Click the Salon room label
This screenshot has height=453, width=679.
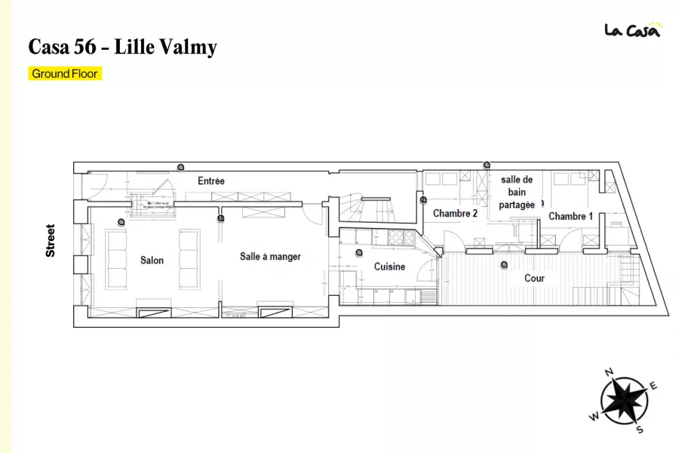[152, 260]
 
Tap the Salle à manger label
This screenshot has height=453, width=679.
[270, 257]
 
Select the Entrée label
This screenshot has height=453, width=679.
[211, 181]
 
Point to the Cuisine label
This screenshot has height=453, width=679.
[389, 267]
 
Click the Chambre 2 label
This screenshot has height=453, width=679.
[455, 214]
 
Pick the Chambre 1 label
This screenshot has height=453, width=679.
[570, 217]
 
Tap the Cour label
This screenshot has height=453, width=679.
[534, 278]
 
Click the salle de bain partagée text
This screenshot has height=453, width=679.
[517, 192]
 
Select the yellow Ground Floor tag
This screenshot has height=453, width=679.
[64, 74]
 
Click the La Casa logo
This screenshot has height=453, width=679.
[632, 29]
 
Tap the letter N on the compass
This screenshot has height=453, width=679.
[609, 372]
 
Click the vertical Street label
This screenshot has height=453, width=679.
[51, 240]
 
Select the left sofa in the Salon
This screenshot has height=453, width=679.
[117, 260]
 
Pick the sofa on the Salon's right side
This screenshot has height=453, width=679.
[189, 260]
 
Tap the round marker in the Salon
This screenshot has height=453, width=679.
[121, 221]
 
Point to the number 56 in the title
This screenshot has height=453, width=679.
[86, 48]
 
